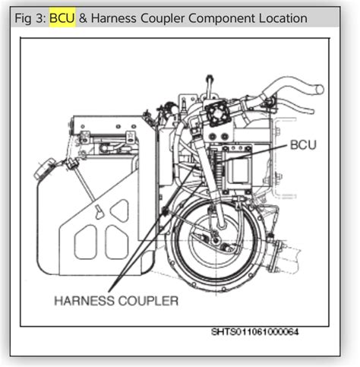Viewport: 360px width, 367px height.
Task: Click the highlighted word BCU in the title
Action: click(62, 18)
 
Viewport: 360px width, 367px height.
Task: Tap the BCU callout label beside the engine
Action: click(303, 145)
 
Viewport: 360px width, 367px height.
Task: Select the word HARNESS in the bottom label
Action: click(84, 301)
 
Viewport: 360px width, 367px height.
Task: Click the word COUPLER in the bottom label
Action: click(149, 301)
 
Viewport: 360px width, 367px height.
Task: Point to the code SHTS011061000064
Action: click(255, 332)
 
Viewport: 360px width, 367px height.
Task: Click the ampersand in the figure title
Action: click(83, 18)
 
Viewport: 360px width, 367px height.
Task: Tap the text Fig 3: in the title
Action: click(30, 19)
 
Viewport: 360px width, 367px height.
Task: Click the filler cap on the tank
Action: click(44, 168)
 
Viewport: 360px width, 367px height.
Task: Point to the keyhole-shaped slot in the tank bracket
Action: click(99, 212)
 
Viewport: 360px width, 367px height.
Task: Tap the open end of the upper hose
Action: click(321, 89)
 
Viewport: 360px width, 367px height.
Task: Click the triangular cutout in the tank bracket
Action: click(119, 210)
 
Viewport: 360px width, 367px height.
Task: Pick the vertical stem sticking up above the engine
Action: click(209, 86)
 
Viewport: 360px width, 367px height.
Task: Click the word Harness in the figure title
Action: click(114, 18)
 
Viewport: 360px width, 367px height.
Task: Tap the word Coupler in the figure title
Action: click(163, 19)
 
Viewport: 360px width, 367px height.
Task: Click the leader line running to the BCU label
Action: click(253, 153)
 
